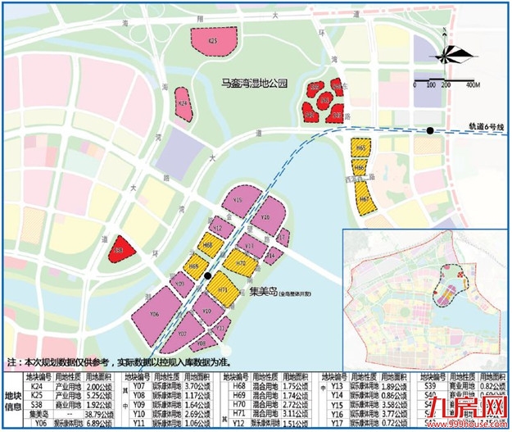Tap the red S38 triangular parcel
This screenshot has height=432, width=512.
[x=120, y=247]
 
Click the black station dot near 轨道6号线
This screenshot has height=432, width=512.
[x=430, y=131]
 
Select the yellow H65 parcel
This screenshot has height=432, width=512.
[x=361, y=148]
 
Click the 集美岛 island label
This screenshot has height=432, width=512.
[x=264, y=291]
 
